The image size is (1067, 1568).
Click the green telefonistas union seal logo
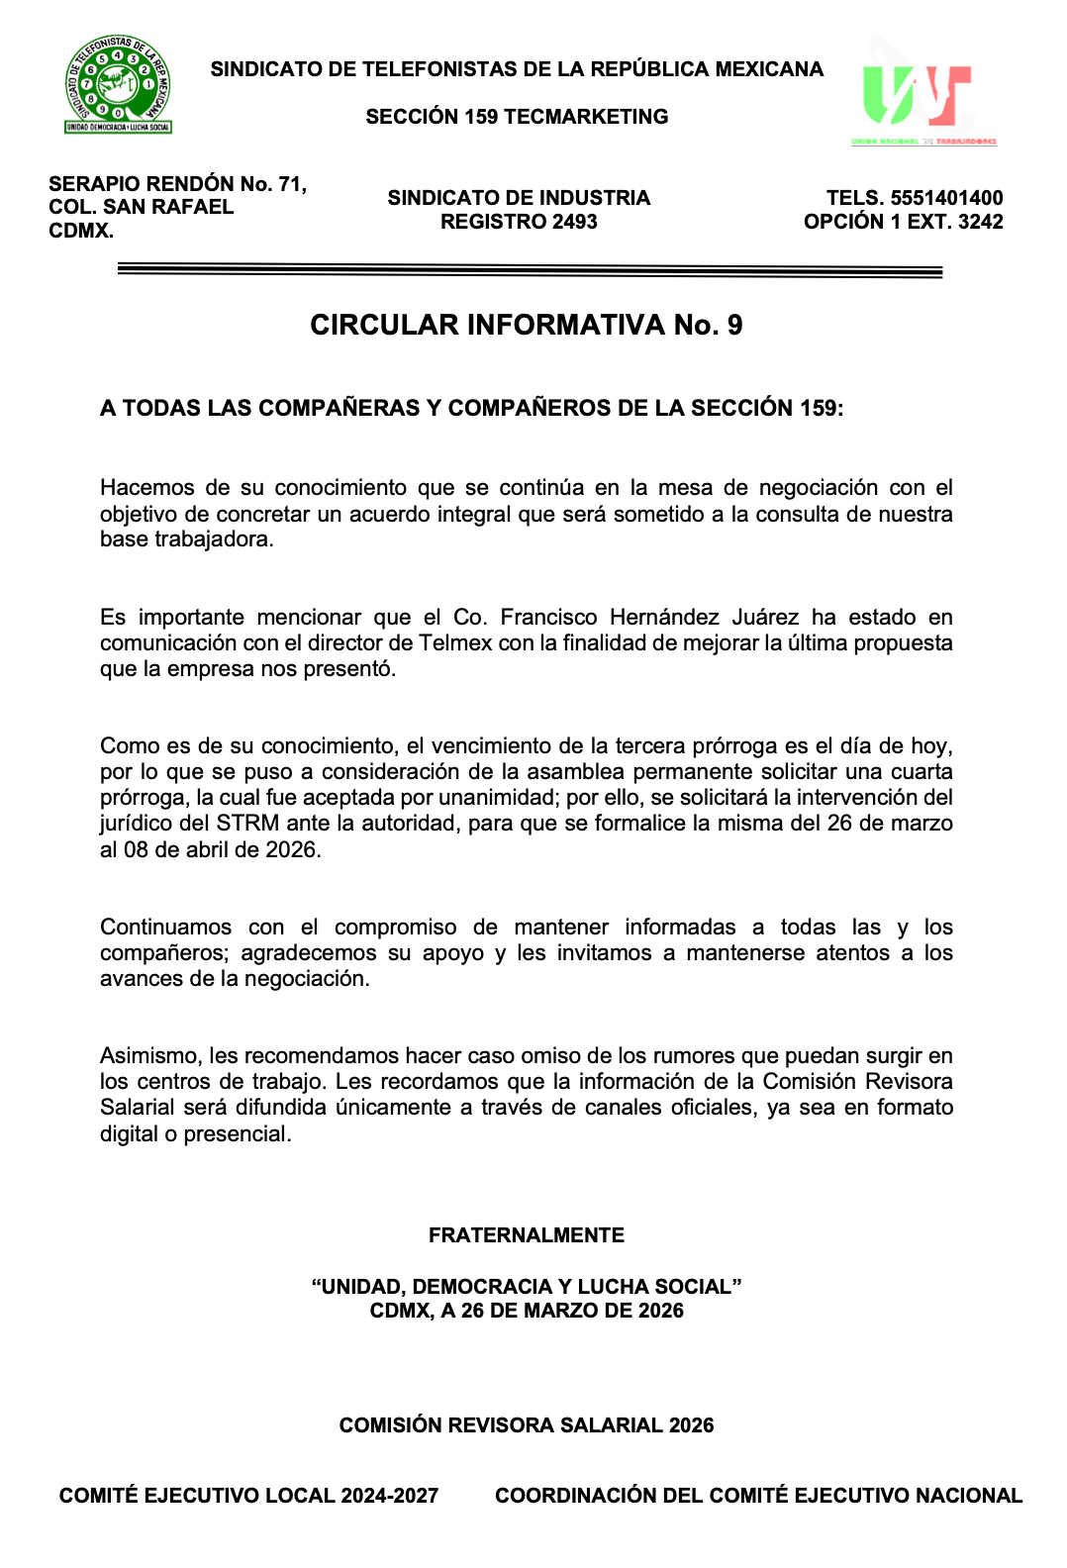(118, 85)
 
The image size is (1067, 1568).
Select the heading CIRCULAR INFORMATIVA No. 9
(526, 326)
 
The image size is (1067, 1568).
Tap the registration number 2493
(575, 222)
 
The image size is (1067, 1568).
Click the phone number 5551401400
(946, 198)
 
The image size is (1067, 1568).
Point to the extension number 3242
(980, 222)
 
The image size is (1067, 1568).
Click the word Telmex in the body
(455, 643)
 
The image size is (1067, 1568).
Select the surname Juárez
(765, 618)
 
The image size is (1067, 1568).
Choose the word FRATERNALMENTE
(526, 1235)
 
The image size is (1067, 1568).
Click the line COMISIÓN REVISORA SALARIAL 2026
(526, 1425)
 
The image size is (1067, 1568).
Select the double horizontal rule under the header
(530, 269)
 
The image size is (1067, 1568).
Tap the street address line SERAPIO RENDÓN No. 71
(177, 184)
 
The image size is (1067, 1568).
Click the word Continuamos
(165, 928)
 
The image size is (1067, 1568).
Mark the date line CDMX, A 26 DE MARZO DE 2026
(526, 1311)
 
